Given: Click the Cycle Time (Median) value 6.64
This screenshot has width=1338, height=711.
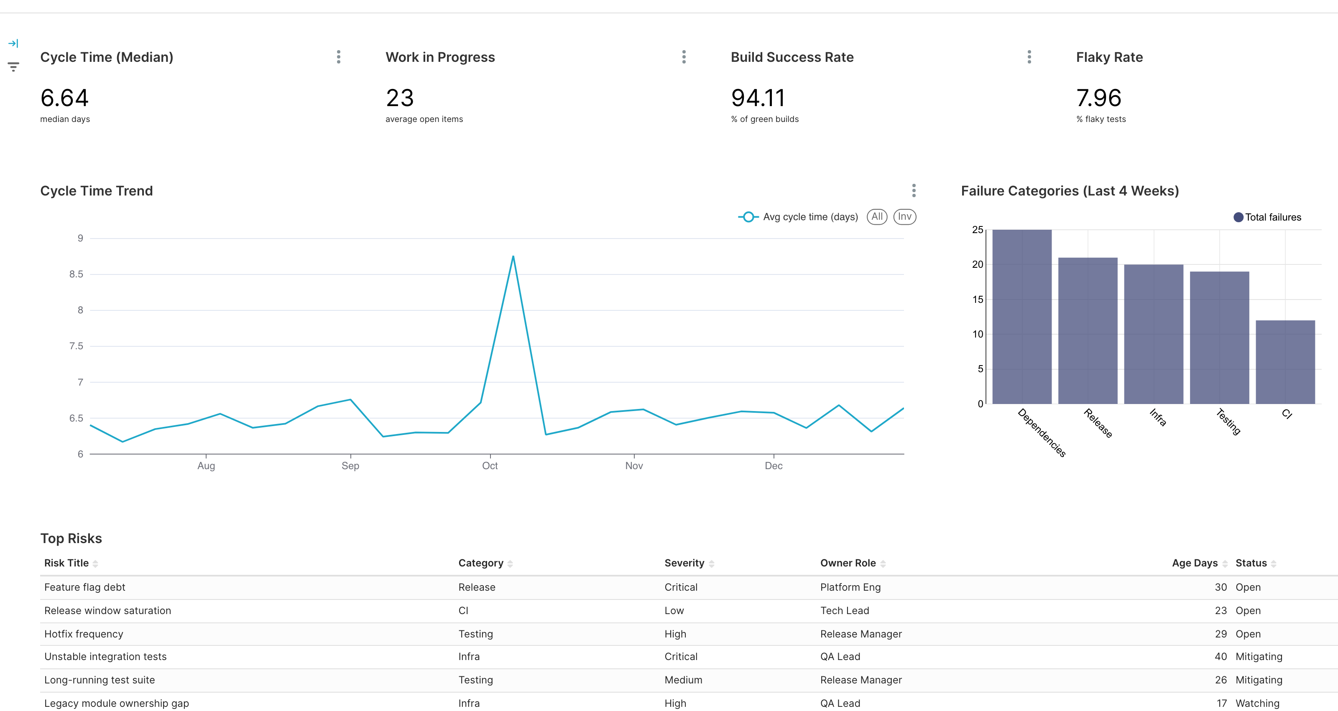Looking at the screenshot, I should tap(64, 98).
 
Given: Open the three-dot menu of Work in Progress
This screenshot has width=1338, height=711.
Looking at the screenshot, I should tap(684, 57).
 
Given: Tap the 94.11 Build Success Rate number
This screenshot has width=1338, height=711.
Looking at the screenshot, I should tap(758, 98).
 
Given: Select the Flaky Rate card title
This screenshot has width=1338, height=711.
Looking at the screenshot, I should tap(1109, 57).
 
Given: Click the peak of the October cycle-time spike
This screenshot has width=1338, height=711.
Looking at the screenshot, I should tap(513, 256).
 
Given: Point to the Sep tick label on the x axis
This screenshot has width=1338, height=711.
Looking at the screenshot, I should tap(350, 465).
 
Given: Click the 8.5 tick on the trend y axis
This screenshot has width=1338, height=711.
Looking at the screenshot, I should tap(77, 274).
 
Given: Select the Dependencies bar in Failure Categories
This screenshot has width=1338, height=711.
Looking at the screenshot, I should tap(1021, 317).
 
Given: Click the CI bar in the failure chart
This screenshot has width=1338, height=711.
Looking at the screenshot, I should tap(1285, 362).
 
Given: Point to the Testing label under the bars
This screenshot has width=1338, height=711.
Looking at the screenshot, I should tap(1228, 421).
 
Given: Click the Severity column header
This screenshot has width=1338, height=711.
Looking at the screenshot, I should tap(684, 563).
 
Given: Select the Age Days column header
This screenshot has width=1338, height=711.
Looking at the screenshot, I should tap(1194, 563).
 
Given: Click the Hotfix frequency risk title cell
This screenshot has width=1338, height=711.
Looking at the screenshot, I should tap(84, 634).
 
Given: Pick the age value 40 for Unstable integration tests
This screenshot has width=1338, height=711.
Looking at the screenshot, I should tap(1220, 657).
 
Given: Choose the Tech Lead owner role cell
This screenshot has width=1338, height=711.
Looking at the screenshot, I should tap(845, 611).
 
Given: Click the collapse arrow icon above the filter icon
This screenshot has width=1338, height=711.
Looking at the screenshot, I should tap(13, 43).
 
